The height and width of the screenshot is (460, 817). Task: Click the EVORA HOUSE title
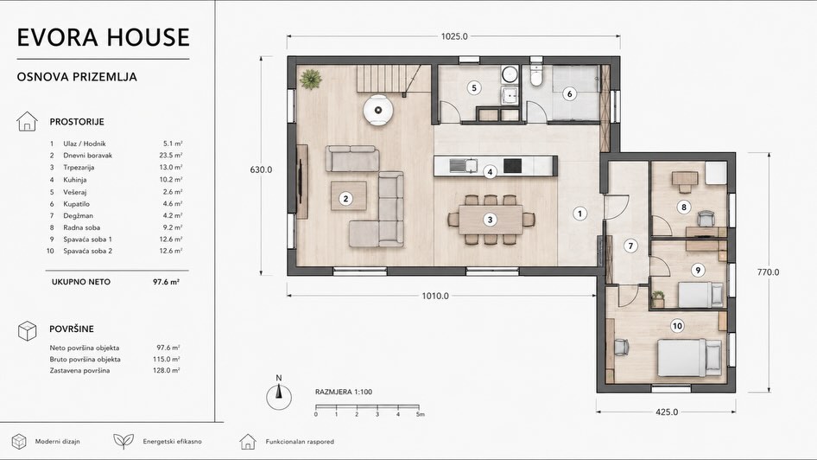tap(103, 37)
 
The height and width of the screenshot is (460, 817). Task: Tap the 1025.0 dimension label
tap(454, 36)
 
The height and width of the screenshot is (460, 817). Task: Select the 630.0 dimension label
tap(261, 169)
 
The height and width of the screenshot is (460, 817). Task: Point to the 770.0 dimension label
tap(768, 272)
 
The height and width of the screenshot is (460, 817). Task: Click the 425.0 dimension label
tap(667, 412)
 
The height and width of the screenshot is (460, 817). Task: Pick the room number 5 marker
tap(474, 87)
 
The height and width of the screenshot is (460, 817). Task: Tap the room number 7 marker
tap(630, 246)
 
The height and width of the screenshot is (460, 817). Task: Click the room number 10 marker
tap(677, 326)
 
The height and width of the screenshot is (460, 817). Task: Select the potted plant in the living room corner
tap(311, 80)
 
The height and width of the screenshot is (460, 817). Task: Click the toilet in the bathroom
tap(535, 75)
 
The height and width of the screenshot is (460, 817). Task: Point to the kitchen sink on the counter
tap(464, 165)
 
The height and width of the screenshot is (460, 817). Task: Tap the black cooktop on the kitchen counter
tap(512, 165)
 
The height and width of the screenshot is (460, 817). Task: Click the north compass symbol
tap(279, 395)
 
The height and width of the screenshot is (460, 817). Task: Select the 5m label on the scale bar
tap(421, 414)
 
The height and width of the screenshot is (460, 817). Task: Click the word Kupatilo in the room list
tap(77, 204)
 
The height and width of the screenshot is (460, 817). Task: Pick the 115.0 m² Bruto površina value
tap(168, 360)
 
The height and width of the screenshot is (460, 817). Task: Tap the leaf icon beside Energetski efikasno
tap(123, 441)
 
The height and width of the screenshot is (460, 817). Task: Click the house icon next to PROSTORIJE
tap(27, 122)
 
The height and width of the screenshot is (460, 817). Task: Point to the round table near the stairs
tap(377, 110)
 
